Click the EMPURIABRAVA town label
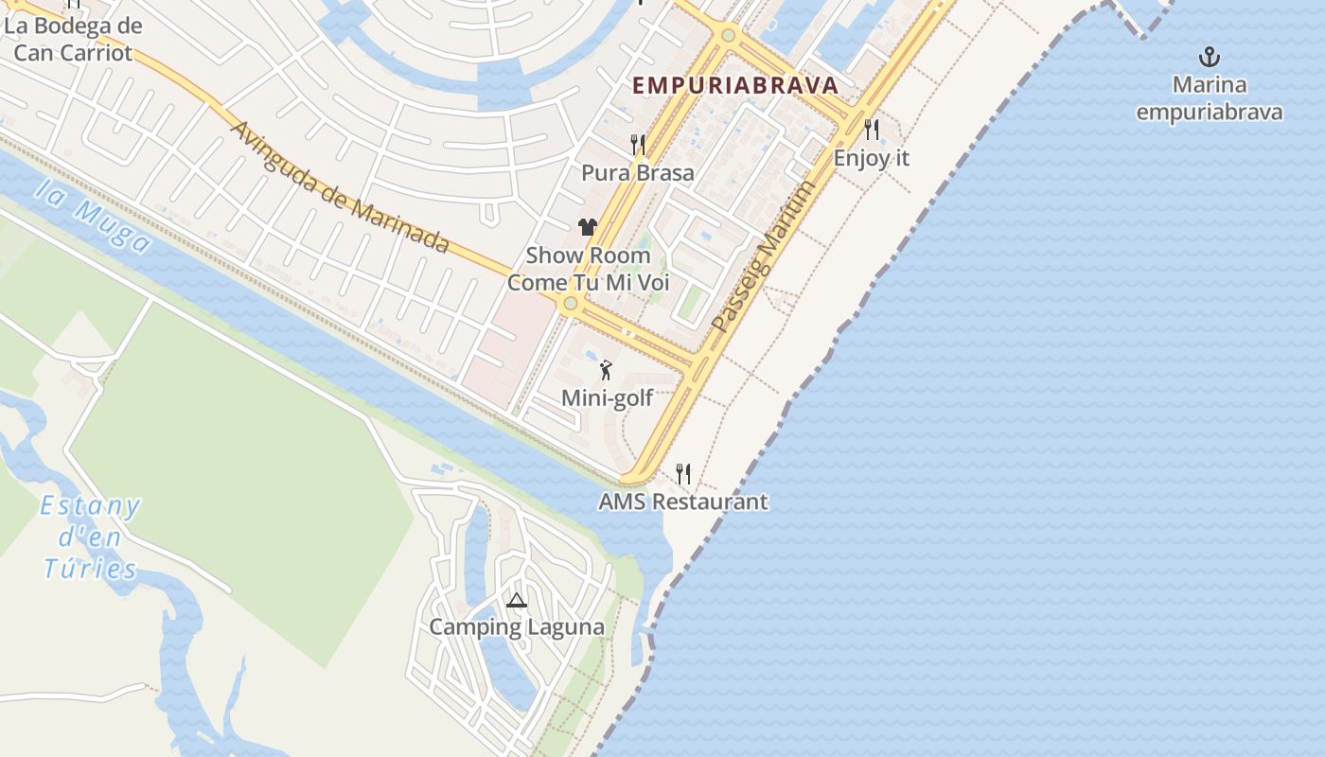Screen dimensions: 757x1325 [735, 85]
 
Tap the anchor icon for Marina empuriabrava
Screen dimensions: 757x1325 [1209, 57]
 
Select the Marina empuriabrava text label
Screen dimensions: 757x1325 [1209, 98]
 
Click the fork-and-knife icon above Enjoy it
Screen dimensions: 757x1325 [872, 129]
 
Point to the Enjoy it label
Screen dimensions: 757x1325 [871, 158]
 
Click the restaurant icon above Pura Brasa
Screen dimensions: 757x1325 [638, 145]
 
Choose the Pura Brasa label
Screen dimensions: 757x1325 [638, 173]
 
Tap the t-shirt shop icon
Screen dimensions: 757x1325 [588, 227]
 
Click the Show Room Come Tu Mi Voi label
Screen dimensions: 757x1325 [588, 269]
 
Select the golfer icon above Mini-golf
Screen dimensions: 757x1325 [607, 370]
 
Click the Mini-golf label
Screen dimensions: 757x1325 [607, 398]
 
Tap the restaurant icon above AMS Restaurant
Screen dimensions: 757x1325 [683, 473]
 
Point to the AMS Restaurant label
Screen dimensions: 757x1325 [683, 502]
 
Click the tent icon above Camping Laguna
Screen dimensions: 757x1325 [516, 600]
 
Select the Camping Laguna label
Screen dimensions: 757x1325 [516, 627]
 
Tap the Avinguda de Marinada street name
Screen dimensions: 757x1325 [339, 187]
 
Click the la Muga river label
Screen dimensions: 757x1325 [93, 219]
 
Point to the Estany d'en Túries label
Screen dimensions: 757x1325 [91, 537]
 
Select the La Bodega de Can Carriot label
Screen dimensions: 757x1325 [73, 39]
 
